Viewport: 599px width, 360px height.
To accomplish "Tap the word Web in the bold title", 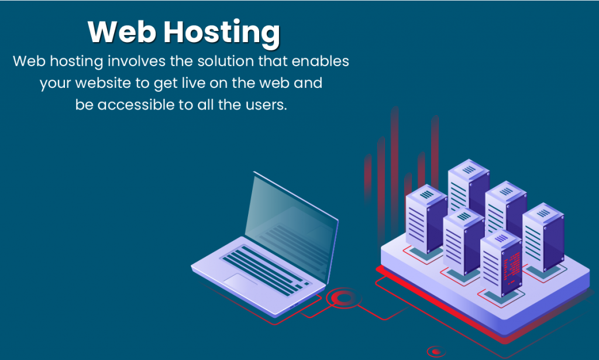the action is coord(122,32).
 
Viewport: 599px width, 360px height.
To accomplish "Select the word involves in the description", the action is coord(137,61).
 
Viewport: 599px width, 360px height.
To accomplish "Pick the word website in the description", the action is coord(103,83).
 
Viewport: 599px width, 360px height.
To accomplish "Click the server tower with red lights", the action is coord(501,263).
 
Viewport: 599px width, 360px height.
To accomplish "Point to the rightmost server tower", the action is coord(543,237).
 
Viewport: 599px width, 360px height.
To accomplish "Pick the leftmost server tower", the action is coord(426,220).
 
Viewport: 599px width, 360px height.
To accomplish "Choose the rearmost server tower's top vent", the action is coord(469,169).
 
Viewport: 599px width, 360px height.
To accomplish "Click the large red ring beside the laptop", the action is coord(344,298).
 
